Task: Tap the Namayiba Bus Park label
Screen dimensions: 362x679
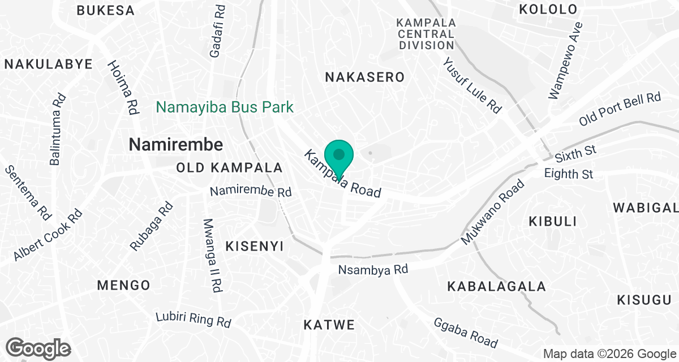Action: (225, 107)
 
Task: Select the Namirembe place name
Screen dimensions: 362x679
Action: (175, 144)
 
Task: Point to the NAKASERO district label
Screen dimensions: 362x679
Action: (365, 77)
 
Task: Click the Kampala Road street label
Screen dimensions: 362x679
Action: (343, 174)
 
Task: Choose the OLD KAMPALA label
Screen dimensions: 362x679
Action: (229, 168)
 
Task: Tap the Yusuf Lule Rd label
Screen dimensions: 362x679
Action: (472, 85)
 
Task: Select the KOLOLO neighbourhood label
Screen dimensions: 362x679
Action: (548, 10)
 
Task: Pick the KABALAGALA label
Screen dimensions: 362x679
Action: (497, 287)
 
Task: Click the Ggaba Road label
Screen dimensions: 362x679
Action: (466, 333)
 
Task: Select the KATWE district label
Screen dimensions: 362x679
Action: (329, 325)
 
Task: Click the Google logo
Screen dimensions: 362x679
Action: (38, 347)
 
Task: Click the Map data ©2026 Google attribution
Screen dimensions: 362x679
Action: (609, 354)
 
